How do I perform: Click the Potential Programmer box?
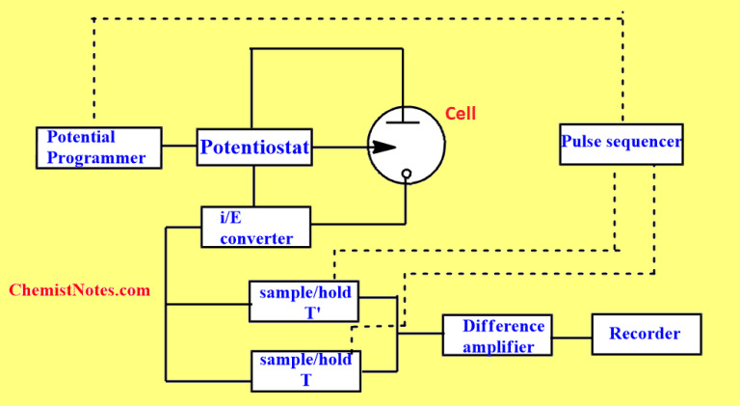[97, 147]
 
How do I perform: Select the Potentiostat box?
[254, 148]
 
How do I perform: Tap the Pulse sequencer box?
[621, 144]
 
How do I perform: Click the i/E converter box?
[255, 227]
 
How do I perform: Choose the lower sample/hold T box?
[305, 370]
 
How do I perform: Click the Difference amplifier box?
[498, 335]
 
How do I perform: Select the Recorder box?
[646, 334]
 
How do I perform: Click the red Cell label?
[460, 114]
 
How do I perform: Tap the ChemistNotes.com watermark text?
[79, 290]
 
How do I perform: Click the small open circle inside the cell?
[406, 175]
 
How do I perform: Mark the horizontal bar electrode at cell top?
[406, 123]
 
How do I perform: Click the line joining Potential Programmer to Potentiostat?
[178, 147]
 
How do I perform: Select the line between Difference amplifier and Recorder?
[573, 338]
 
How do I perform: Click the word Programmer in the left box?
[96, 157]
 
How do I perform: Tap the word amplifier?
[498, 346]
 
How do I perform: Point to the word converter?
[256, 238]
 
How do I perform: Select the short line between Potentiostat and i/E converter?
[254, 186]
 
